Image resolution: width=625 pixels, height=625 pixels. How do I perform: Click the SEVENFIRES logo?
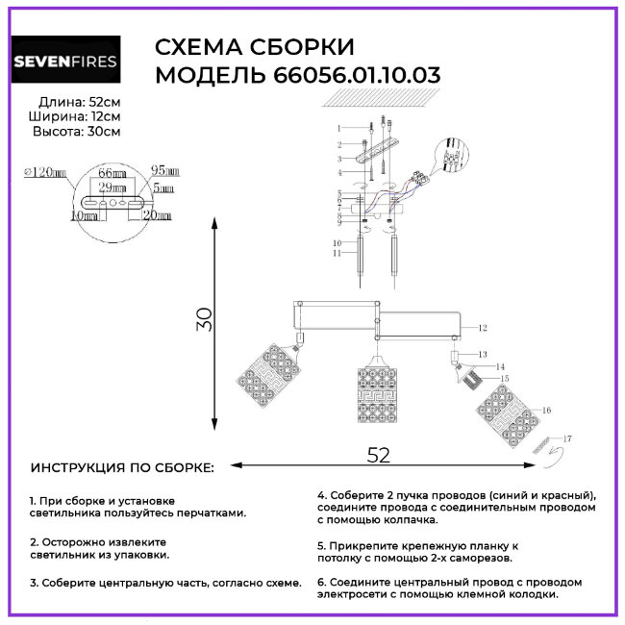[65, 62]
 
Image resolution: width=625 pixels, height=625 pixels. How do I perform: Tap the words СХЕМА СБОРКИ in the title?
[254, 47]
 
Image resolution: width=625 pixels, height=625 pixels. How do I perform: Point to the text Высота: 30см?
[77, 133]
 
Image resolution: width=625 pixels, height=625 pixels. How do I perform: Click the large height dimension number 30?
[202, 319]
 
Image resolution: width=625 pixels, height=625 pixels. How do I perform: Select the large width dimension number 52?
[379, 455]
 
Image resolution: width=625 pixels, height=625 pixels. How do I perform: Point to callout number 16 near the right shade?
[546, 411]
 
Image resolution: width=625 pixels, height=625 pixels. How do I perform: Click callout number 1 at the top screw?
[338, 128]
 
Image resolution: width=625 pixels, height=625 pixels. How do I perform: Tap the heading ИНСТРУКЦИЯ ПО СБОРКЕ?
[123, 467]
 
